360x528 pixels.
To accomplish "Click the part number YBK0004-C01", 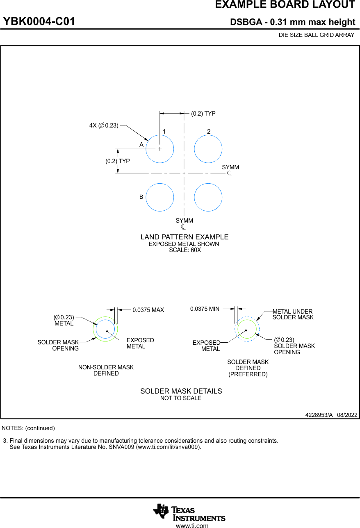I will [x=39, y=22].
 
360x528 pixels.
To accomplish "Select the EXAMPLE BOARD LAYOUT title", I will [x=285, y=5].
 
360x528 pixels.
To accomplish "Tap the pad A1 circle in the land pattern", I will [x=159, y=148].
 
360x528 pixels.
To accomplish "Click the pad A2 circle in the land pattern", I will [x=208, y=148].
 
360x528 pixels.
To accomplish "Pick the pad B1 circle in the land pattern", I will [x=159, y=197].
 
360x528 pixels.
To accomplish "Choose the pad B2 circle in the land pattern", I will [x=208, y=197].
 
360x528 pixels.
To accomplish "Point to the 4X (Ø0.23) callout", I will [x=104, y=125].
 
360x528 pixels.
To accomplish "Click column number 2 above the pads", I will [x=209, y=132].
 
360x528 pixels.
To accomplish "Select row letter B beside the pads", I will [x=141, y=197].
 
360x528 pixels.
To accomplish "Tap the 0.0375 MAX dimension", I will [x=148, y=310].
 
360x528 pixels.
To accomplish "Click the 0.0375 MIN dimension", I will [x=205, y=309].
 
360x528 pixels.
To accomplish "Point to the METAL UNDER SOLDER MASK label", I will [x=293, y=314].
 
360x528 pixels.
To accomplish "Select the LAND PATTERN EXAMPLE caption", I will [x=185, y=237].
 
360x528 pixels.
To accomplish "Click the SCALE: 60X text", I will [x=185, y=250].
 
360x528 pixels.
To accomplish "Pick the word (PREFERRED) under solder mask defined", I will [x=248, y=374].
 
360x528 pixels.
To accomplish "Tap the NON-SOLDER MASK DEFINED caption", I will [x=106, y=370].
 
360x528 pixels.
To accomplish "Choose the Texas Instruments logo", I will [x=189, y=512].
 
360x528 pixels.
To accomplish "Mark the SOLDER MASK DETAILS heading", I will [x=181, y=391].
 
